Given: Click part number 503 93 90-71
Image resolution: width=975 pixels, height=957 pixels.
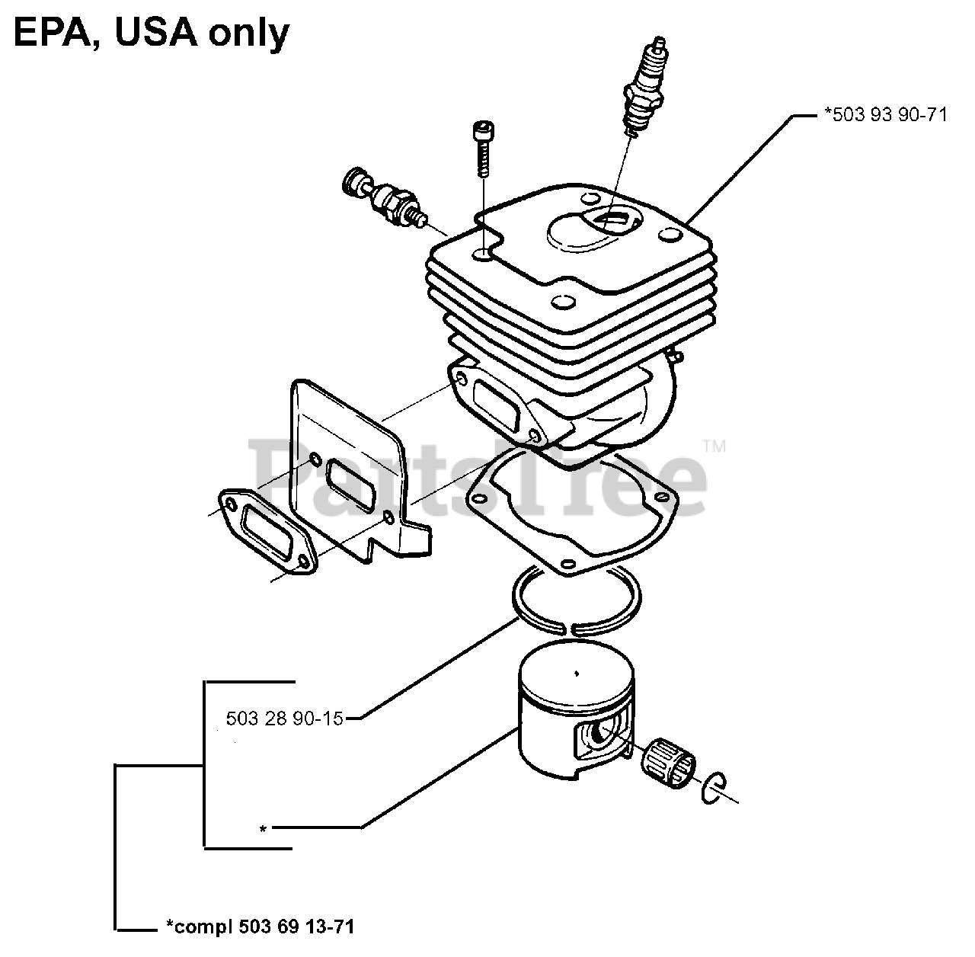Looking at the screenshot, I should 885,115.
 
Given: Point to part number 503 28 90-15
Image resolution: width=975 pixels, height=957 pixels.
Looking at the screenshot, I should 285,718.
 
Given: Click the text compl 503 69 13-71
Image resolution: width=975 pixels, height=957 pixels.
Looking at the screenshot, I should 260,927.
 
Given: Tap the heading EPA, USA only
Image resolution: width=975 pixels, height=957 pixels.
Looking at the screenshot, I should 150,32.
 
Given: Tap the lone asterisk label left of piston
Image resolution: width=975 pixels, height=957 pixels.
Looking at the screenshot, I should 263,828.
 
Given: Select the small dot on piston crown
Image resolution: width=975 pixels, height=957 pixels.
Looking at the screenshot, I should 577,673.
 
